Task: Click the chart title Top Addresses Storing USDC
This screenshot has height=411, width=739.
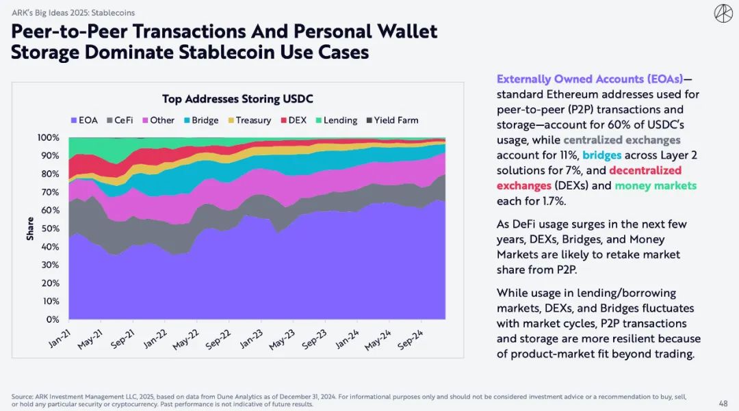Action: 237,99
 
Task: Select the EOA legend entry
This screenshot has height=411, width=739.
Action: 84,120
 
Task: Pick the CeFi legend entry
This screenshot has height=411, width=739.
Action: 119,120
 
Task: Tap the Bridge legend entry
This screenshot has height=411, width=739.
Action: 200,120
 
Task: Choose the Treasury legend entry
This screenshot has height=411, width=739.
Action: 248,120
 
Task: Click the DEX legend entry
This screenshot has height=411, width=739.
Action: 292,120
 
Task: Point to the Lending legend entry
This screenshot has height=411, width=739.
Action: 335,120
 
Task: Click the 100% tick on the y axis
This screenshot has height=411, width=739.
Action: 48,137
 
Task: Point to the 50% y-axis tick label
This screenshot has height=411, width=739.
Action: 50,228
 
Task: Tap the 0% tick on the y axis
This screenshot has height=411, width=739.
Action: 53,319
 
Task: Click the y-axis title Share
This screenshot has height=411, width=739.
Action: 30,228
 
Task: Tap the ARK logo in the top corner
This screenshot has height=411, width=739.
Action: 723,13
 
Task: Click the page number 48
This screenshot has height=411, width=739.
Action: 723,403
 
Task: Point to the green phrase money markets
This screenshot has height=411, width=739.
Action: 656,185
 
